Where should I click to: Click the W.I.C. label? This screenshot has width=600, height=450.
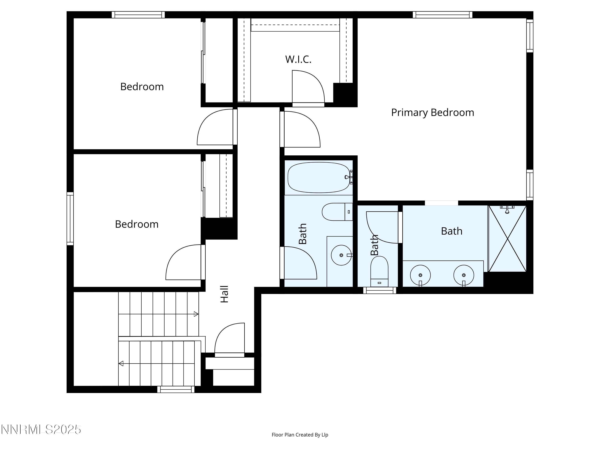[x=298, y=59]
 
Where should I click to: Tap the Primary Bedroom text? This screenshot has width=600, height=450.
[x=432, y=112]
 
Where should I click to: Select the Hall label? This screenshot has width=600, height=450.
[x=224, y=294]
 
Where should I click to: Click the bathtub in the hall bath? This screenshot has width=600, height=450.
[x=319, y=177]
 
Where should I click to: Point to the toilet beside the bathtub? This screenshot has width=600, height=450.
[x=337, y=212]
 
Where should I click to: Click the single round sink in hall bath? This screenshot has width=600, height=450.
[x=341, y=255]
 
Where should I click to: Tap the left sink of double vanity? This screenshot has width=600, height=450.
[x=420, y=275]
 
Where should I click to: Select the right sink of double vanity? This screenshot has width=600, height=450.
[x=464, y=275]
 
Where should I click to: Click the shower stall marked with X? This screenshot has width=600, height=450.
[x=507, y=239]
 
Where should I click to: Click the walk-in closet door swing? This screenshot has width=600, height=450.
[x=308, y=87]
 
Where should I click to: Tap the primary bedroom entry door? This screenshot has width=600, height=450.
[x=301, y=130]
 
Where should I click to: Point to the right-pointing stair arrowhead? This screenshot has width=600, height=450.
[x=196, y=314]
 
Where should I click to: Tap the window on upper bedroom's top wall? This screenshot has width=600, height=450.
[x=138, y=15]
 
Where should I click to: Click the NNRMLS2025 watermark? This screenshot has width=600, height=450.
[x=41, y=429]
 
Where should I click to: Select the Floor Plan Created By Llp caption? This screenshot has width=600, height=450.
[x=300, y=435]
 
